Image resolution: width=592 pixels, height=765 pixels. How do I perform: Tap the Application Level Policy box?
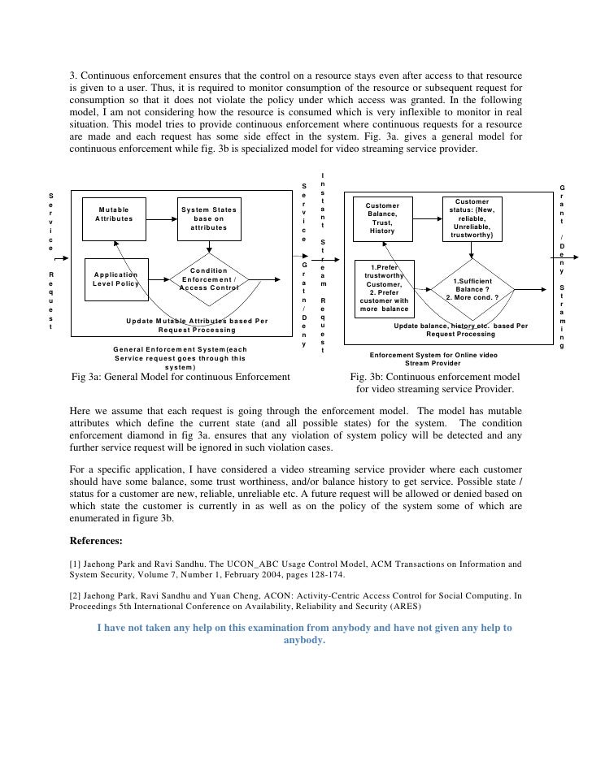point(115,279)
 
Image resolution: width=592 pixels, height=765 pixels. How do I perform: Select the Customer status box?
point(472,218)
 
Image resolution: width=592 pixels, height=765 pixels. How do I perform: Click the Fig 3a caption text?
point(181,377)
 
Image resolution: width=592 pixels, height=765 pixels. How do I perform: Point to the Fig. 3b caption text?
point(435,383)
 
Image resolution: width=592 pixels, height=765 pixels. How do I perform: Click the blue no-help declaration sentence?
point(303,633)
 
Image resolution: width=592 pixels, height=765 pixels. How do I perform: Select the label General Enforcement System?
point(180,349)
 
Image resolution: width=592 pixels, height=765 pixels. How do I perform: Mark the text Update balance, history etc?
point(460,326)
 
